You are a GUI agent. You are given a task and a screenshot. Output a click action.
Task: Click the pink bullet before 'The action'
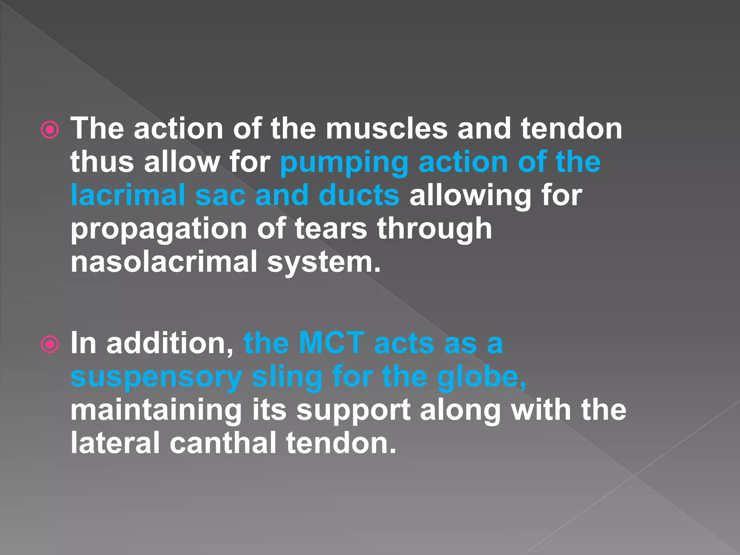(x=50, y=130)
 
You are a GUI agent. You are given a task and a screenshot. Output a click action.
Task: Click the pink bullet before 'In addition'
(x=50, y=344)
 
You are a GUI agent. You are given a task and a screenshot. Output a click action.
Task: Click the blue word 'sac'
(x=220, y=195)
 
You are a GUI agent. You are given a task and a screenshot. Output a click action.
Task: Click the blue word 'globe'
(x=481, y=377)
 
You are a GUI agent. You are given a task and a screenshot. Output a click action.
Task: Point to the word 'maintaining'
(x=156, y=410)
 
